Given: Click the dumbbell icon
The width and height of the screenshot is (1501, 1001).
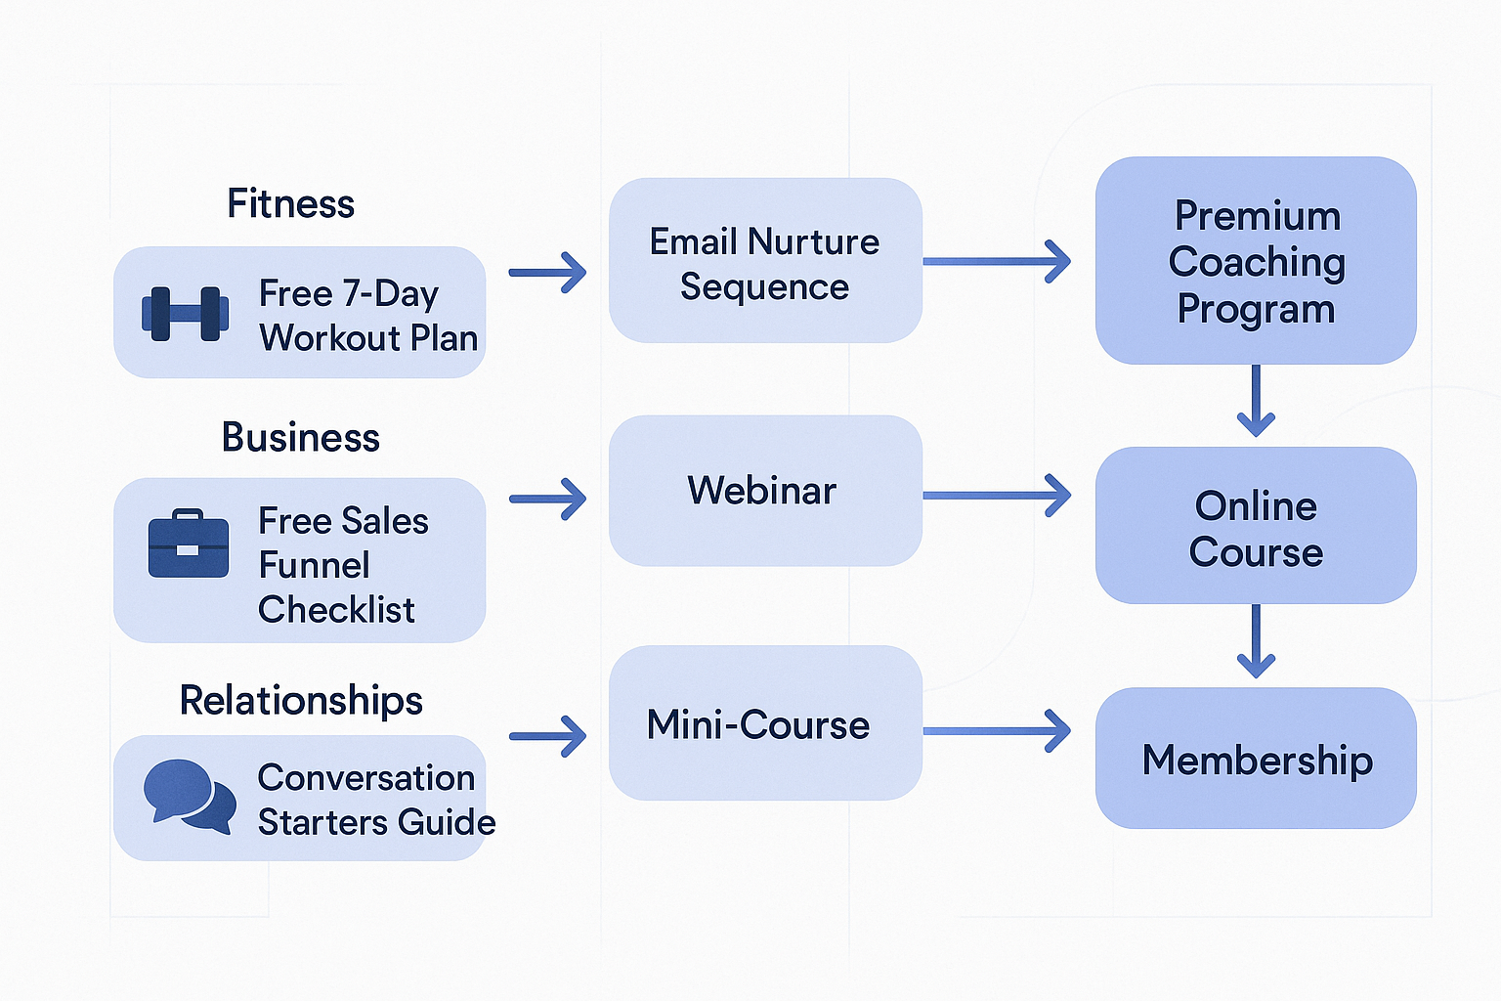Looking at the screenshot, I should click(x=186, y=314).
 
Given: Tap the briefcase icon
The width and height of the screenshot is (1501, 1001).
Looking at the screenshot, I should click(x=189, y=544).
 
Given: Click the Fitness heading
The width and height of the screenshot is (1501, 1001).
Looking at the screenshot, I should click(x=290, y=204).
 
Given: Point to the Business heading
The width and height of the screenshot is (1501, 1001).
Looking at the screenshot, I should click(x=300, y=437).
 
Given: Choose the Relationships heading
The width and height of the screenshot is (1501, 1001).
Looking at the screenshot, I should click(x=301, y=700).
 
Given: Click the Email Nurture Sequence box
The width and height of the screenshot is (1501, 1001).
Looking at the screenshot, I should click(x=765, y=261).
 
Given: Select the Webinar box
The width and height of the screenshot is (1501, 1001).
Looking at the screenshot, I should click(x=765, y=491).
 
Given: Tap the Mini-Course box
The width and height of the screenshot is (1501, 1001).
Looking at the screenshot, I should click(x=765, y=723).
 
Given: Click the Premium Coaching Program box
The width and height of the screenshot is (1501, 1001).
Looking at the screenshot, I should click(x=1256, y=261).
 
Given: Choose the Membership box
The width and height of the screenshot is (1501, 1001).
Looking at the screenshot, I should click(x=1256, y=759).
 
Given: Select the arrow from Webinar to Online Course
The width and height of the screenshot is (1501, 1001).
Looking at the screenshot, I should click(x=997, y=496).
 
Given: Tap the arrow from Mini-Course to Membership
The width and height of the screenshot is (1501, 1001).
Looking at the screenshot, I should click(x=997, y=731).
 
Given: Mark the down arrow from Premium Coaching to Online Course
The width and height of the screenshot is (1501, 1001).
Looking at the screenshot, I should click(x=1256, y=401).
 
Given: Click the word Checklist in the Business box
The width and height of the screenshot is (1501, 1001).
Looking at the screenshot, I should click(x=336, y=610).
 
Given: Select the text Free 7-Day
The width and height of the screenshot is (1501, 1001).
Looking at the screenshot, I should click(x=349, y=293).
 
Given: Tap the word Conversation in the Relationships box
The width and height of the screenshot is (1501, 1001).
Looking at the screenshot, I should click(x=366, y=778).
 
